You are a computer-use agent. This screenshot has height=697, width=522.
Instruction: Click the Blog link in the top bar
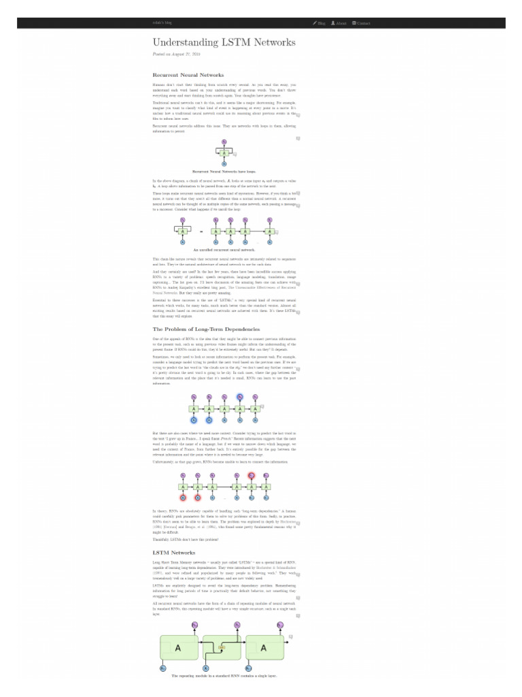pyautogui.click(x=319, y=23)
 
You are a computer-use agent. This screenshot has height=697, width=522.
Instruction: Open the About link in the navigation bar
pyautogui.click(x=339, y=23)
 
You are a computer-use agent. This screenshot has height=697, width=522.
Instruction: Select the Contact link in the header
pyautogui.click(x=362, y=23)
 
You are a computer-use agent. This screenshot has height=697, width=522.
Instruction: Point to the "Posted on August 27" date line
pyautogui.click(x=171, y=54)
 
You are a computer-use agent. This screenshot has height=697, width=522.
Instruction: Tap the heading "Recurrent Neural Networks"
pyautogui.click(x=188, y=75)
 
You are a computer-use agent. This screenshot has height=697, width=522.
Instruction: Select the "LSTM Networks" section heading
pyautogui.click(x=174, y=553)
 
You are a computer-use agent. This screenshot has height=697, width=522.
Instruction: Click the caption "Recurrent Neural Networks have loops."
pyautogui.click(x=224, y=172)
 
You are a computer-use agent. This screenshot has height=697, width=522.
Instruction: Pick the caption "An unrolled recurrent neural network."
pyautogui.click(x=224, y=250)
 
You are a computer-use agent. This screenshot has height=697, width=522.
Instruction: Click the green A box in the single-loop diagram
pyautogui.click(x=224, y=153)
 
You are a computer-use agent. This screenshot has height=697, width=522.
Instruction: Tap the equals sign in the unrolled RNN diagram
pyautogui.click(x=201, y=231)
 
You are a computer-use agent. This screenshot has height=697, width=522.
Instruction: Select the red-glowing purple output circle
pyautogui.click(x=251, y=476)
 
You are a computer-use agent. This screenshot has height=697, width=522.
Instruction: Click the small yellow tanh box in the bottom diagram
pyautogui.click(x=222, y=647)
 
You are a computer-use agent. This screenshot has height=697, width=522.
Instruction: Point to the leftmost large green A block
pyautogui.click(x=179, y=649)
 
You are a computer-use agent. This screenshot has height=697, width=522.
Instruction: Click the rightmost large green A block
pyautogui.click(x=264, y=649)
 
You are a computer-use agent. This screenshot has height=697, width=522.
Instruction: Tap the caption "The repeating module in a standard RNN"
pyautogui.click(x=224, y=676)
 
